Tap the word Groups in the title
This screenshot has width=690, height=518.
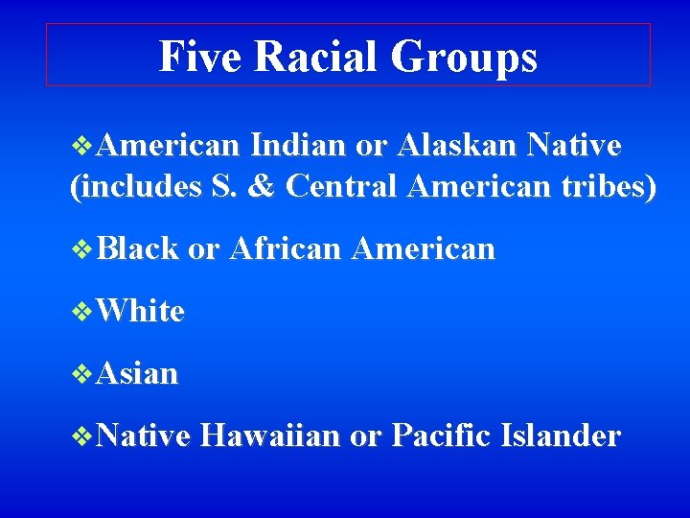click(465, 57)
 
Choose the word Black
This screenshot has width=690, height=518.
click(138, 249)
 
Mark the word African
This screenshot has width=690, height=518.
click(285, 249)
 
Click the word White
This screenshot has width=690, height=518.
click(140, 311)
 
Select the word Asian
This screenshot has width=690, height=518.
click(137, 373)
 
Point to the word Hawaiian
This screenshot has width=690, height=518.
click(270, 436)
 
